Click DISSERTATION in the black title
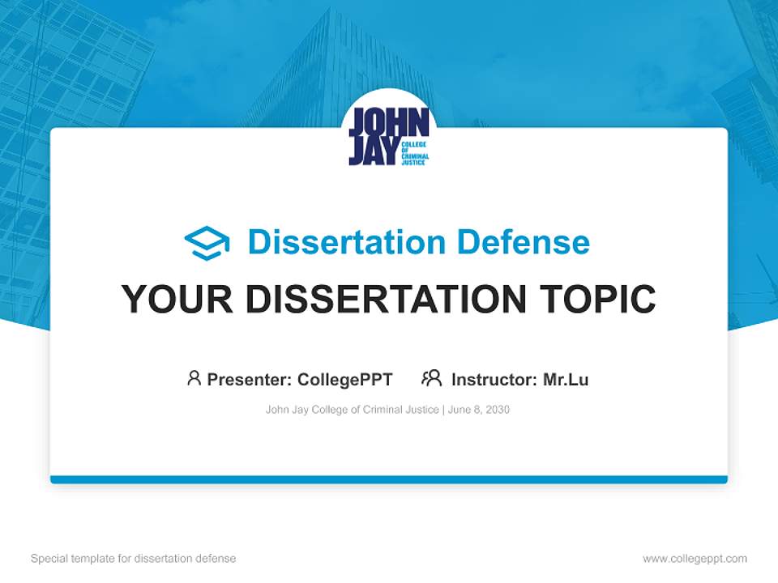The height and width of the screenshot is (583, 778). pyautogui.click(x=384, y=299)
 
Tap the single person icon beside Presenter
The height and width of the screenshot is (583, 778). pyautogui.click(x=194, y=378)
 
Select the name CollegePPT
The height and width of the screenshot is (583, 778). pyautogui.click(x=344, y=379)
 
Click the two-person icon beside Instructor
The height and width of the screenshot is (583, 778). pyautogui.click(x=432, y=378)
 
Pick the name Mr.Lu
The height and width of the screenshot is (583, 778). pyautogui.click(x=566, y=379)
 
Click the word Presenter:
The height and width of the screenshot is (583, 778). pyautogui.click(x=249, y=379)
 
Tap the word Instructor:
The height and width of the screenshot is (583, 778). pyautogui.click(x=494, y=379)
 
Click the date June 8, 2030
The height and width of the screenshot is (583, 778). pyautogui.click(x=479, y=410)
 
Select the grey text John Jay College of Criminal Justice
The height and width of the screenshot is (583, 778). pyautogui.click(x=353, y=410)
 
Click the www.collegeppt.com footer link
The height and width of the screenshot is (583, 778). pyautogui.click(x=695, y=559)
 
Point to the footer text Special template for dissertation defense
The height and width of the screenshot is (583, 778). pyautogui.click(x=134, y=559)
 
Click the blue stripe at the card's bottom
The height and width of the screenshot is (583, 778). pyautogui.click(x=389, y=479)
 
